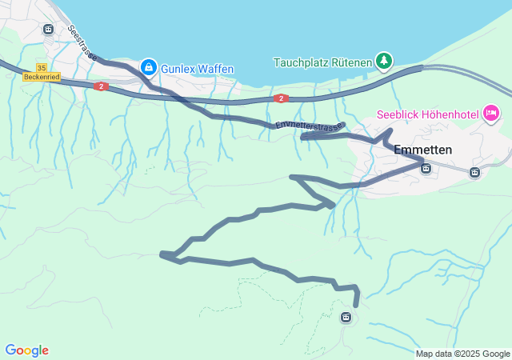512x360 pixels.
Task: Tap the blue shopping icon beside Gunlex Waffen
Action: click(148, 67)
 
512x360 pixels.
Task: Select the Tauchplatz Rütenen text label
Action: click(322, 62)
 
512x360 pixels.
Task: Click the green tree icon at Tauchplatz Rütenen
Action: click(385, 61)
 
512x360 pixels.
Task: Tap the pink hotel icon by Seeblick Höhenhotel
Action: click(491, 115)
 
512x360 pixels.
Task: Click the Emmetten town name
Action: click(423, 150)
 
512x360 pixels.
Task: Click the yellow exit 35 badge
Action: click(42, 68)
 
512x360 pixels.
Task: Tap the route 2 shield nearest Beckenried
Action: click(100, 86)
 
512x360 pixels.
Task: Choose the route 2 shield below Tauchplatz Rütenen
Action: click(281, 98)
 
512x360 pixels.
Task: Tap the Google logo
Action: click(26, 350)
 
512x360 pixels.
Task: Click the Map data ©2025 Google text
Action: click(462, 354)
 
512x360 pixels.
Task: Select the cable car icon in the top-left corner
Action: click(48, 30)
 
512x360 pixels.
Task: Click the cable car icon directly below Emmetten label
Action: click(426, 168)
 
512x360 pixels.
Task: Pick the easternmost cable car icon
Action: click(474, 172)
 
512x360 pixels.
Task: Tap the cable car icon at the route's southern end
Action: click(346, 318)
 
